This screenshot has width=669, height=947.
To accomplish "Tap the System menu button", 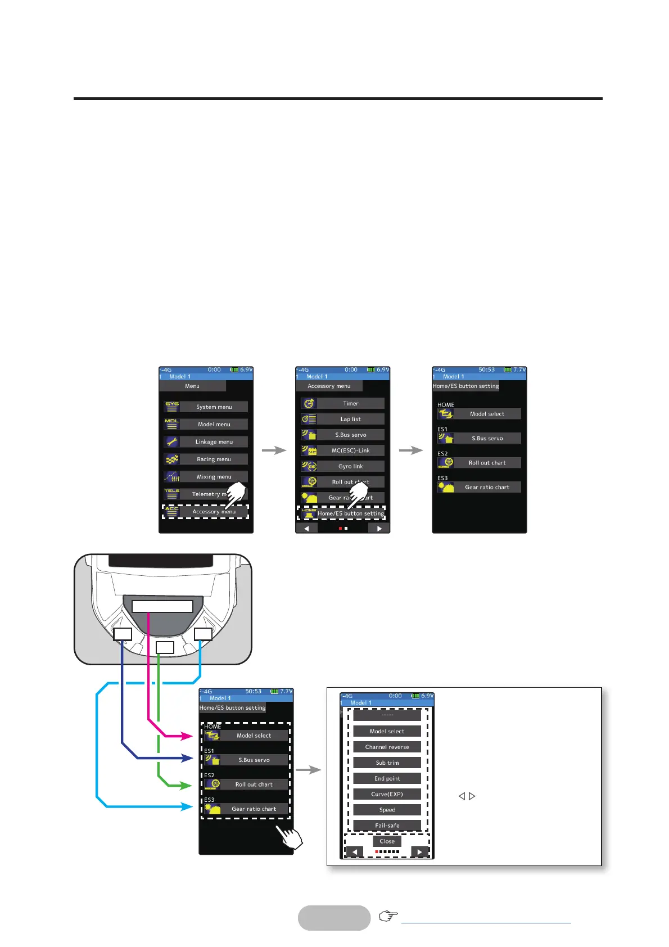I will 214,407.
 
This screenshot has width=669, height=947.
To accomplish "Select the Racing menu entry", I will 214,459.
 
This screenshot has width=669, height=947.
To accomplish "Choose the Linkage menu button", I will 214,442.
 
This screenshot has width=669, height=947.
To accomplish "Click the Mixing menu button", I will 214,477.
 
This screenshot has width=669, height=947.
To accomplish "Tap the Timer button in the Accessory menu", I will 350,403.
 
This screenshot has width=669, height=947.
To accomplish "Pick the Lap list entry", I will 350,419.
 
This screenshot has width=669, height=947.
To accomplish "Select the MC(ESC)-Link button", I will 350,450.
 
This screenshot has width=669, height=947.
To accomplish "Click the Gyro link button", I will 350,466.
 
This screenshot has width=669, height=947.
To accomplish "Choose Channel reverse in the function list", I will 387,747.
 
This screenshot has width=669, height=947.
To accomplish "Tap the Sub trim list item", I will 387,763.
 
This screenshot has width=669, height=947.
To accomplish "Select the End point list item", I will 387,778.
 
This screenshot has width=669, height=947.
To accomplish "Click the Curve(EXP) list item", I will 387,794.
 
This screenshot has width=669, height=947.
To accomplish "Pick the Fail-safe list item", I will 387,825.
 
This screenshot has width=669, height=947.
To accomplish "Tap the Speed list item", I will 387,810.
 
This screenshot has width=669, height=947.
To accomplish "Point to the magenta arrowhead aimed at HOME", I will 188,735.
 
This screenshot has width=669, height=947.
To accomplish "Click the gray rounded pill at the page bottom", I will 334,918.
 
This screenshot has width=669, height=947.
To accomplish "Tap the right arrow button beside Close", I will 420,852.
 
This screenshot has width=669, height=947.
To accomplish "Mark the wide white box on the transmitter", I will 162,606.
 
